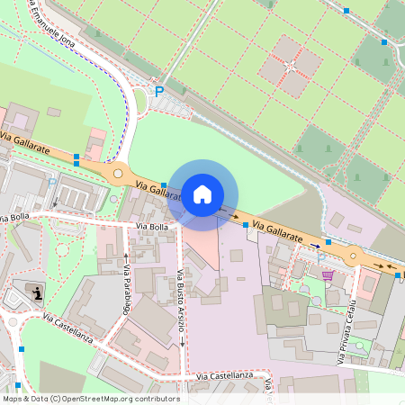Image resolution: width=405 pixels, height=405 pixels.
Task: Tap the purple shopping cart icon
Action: click(328, 274)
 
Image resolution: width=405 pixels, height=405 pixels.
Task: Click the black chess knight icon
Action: click(37, 292)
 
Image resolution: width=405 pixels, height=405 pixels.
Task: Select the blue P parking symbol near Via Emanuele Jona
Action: click(159, 91)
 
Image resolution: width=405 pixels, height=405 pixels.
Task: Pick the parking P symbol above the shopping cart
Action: click(320, 256)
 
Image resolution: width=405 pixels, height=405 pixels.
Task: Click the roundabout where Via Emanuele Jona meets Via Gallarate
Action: click(116, 172)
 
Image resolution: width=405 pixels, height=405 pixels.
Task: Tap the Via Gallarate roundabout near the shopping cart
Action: click(353, 256)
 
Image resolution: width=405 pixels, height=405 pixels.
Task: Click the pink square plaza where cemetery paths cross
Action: click(291, 65)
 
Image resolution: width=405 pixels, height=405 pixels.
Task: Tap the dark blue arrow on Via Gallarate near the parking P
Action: click(316, 244)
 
